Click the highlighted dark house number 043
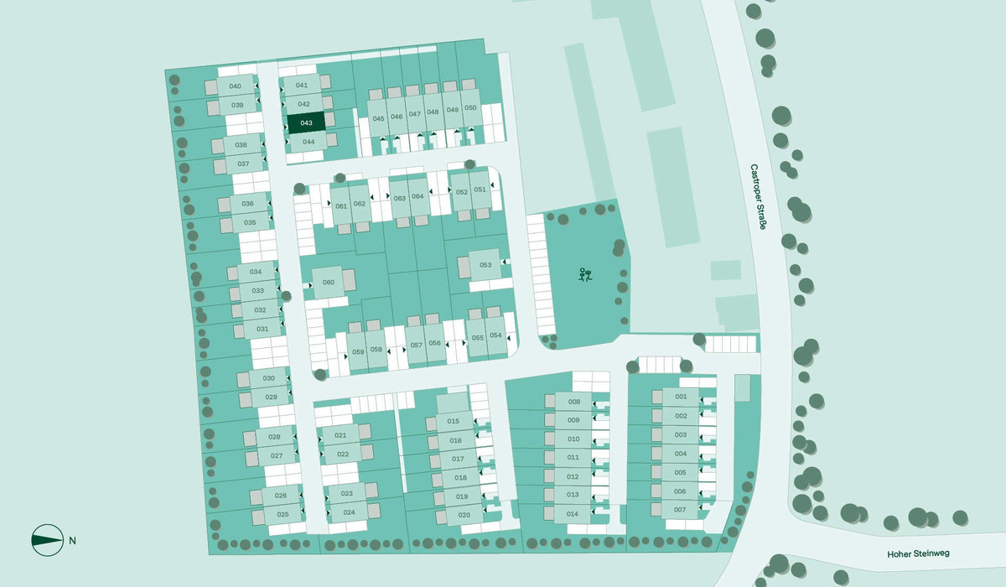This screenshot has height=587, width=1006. [x=306, y=123]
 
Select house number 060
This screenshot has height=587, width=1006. [x=329, y=283]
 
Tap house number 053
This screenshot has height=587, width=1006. [x=485, y=265]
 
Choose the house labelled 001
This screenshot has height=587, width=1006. [x=681, y=397]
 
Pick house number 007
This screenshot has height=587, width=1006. [x=680, y=510]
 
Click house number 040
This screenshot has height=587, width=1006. [x=236, y=86]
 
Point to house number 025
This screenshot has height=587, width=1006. [x=283, y=514]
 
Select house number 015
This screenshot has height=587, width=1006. [x=454, y=421]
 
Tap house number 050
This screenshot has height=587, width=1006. [x=470, y=108]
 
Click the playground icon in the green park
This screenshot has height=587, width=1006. [x=586, y=274]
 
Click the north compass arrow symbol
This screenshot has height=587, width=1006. [x=47, y=540]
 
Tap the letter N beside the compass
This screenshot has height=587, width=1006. [x=73, y=540]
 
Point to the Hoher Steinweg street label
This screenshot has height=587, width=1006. [x=919, y=554]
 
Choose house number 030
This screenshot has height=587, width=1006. [x=269, y=378]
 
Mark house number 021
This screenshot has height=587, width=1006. [x=341, y=435]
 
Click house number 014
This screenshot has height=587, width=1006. [x=573, y=514]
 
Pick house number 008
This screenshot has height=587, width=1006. [x=574, y=402]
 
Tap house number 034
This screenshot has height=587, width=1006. [x=257, y=273]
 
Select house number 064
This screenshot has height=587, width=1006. [x=417, y=196]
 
